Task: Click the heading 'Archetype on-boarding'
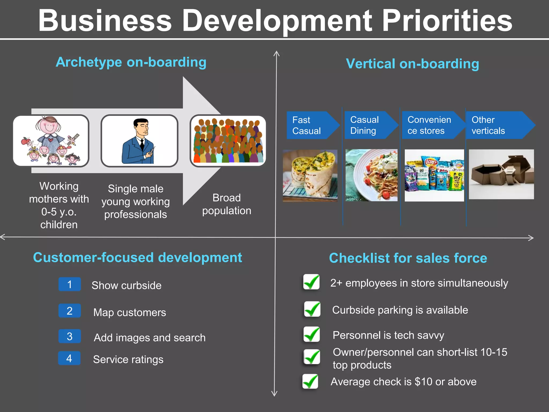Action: (x=131, y=62)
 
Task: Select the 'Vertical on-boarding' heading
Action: (x=412, y=64)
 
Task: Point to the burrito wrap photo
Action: (x=310, y=175)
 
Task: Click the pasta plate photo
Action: (x=371, y=175)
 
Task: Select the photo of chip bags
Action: (x=434, y=175)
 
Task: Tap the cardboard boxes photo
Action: (x=501, y=174)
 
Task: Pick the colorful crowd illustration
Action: (x=228, y=141)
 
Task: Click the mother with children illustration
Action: (x=51, y=141)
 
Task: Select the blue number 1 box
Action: (x=70, y=284)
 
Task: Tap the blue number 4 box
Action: (x=69, y=358)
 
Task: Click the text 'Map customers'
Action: (x=130, y=312)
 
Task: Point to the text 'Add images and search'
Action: (x=150, y=338)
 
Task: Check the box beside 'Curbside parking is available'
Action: (x=312, y=309)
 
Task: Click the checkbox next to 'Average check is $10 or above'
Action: (x=310, y=381)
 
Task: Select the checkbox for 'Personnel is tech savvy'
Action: (x=311, y=334)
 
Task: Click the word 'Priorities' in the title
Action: (x=447, y=21)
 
